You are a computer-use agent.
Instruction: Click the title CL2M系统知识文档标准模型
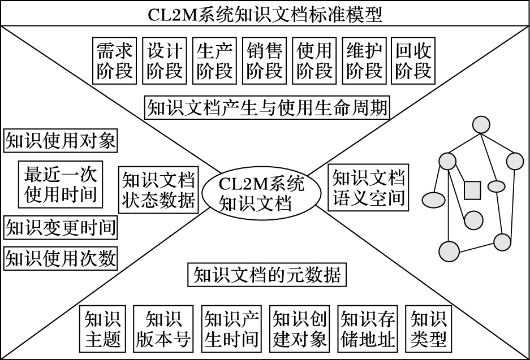tap(265, 14)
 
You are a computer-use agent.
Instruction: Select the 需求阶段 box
tap(115, 61)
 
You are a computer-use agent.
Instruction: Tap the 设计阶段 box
tap(164, 61)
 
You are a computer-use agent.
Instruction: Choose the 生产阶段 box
tap(214, 61)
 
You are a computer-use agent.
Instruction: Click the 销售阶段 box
tap(264, 61)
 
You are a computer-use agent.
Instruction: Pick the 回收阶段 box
tap(413, 61)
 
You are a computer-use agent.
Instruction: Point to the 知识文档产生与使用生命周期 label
tap(267, 108)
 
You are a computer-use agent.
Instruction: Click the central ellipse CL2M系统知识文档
tap(261, 193)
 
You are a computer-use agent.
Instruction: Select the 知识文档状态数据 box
tap(158, 190)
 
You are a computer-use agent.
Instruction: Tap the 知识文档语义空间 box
tap(368, 188)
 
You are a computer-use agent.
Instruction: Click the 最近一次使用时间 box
tap(60, 184)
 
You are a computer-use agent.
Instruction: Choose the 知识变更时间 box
tap(61, 227)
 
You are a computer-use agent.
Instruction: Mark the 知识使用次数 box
tap(61, 258)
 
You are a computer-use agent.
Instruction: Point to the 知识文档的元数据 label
tap(267, 275)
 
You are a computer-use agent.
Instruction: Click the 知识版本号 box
tap(163, 329)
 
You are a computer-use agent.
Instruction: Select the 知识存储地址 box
tap(368, 329)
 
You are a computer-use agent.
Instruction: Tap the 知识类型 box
tap(429, 329)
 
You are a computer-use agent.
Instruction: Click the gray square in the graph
tap(472, 190)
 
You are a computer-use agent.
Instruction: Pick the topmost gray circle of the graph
tap(481, 125)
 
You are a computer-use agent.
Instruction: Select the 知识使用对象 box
tap(61, 140)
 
